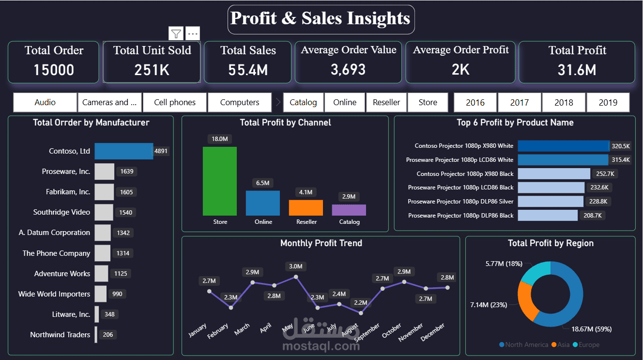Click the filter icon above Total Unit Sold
coord(176,33)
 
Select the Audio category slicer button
coord(45,102)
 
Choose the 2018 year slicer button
coord(564,102)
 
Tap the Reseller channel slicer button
coord(386,102)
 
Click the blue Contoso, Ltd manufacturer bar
coord(123,151)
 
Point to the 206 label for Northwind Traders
coord(108,335)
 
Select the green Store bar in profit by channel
coord(220,181)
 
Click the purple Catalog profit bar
coord(349,210)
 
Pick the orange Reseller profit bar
coord(306,208)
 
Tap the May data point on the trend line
coord(295,277)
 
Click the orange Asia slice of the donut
coord(526,300)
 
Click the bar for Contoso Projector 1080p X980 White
coord(563,146)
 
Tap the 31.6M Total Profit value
coord(577,70)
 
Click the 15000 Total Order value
coord(54,70)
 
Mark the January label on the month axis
coord(198,331)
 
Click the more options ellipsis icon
coord(193,33)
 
